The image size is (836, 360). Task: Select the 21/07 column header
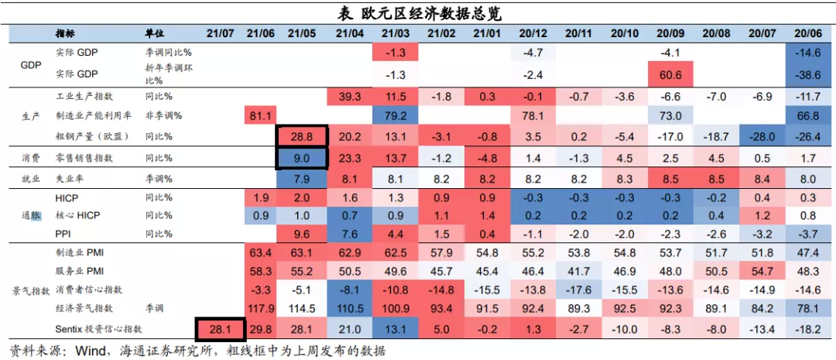click(x=220, y=34)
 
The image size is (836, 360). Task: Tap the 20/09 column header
click(x=670, y=34)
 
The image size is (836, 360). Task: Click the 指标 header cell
click(x=66, y=34)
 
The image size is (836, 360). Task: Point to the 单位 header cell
click(x=155, y=34)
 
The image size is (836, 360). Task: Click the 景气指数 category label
click(x=30, y=290)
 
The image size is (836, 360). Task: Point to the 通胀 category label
click(x=30, y=214)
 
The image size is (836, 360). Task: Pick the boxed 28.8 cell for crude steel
click(x=302, y=137)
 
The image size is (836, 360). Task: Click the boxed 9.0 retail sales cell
click(x=302, y=158)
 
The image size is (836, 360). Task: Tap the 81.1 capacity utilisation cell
click(x=261, y=116)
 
